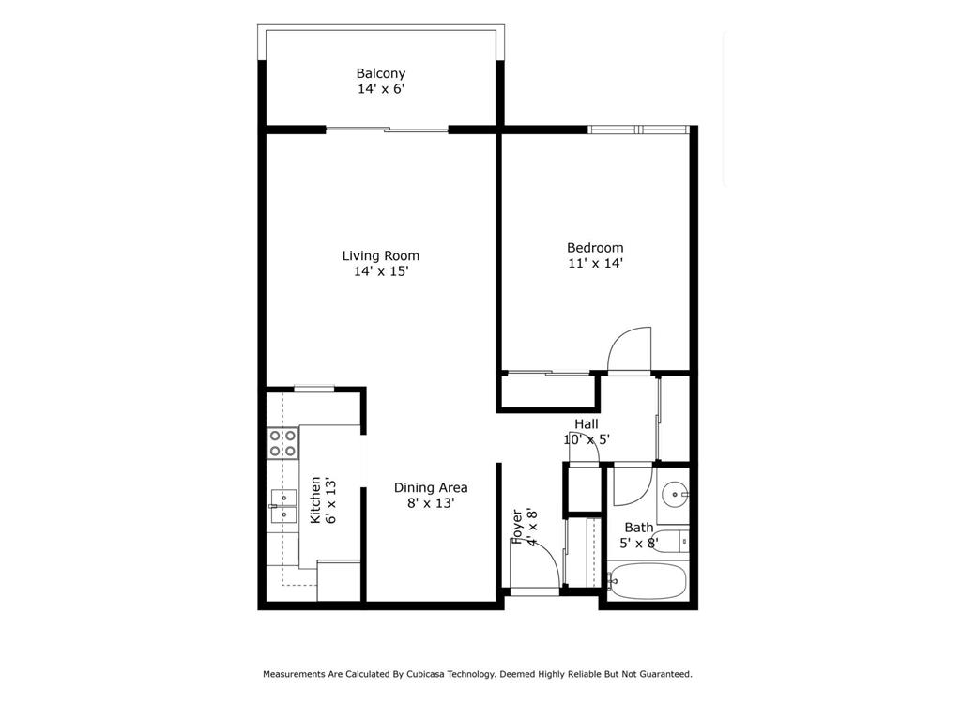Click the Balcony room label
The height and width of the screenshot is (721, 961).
coord(380,73)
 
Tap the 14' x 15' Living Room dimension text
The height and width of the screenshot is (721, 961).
coord(380,271)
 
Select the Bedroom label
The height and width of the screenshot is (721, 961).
coord(595,248)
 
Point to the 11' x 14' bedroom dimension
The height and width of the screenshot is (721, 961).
coord(595,264)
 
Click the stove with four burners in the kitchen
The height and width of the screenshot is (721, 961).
coord(282,443)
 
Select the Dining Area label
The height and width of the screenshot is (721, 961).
coord(430,487)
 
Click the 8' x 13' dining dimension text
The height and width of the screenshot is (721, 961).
coord(430,503)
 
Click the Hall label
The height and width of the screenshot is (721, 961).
coord(587,424)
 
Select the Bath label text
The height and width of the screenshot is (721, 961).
coord(638,528)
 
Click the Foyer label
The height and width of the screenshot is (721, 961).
coord(517,527)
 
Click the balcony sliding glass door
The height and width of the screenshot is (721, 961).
coord(387,130)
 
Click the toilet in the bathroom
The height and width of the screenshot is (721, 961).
coord(682,541)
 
